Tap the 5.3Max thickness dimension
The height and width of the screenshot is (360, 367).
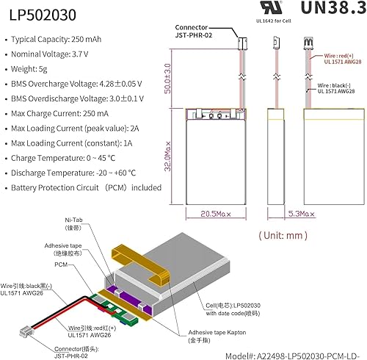click(283, 214)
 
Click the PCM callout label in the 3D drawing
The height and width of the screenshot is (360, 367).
click(62, 264)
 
